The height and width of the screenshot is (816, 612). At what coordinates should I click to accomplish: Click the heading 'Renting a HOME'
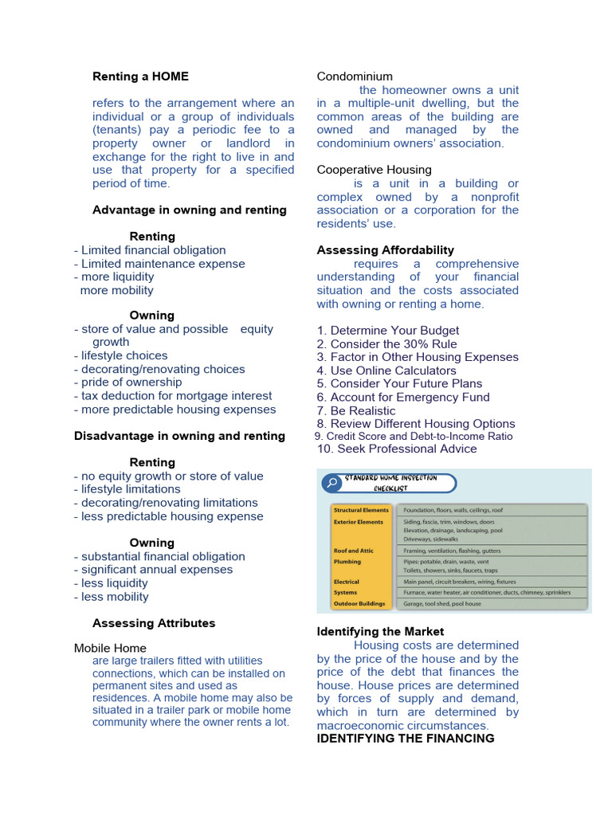pos(140,76)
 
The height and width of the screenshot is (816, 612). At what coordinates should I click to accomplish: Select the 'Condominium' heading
pos(355,76)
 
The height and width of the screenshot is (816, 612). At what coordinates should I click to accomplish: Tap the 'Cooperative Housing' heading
pos(374,170)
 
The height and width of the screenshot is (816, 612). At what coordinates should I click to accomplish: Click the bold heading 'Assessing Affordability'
pos(385,250)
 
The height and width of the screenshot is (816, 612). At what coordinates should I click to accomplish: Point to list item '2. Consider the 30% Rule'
pos(387,344)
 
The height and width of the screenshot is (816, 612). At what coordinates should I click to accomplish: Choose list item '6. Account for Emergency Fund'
pos(402,398)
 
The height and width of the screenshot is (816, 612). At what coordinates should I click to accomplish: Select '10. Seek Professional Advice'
pos(397,449)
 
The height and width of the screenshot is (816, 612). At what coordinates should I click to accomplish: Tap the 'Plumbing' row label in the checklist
pos(347,562)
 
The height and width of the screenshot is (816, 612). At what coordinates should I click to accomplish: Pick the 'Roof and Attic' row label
pos(353,551)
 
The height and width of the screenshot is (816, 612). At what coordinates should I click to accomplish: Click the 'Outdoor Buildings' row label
pos(359,604)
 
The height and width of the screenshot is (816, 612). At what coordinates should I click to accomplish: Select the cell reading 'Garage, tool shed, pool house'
pos(442,604)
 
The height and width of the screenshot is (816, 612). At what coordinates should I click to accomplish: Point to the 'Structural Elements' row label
pos(361,510)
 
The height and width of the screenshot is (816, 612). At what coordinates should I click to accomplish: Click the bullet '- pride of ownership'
pos(127,382)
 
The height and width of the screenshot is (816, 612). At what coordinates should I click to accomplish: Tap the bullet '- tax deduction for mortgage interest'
pos(173,396)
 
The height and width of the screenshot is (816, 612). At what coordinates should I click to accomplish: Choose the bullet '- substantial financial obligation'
pos(159,557)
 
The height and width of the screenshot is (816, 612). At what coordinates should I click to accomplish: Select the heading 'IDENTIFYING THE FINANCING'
pos(406,739)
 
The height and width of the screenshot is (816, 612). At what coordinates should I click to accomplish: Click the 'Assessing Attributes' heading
pos(154,623)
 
